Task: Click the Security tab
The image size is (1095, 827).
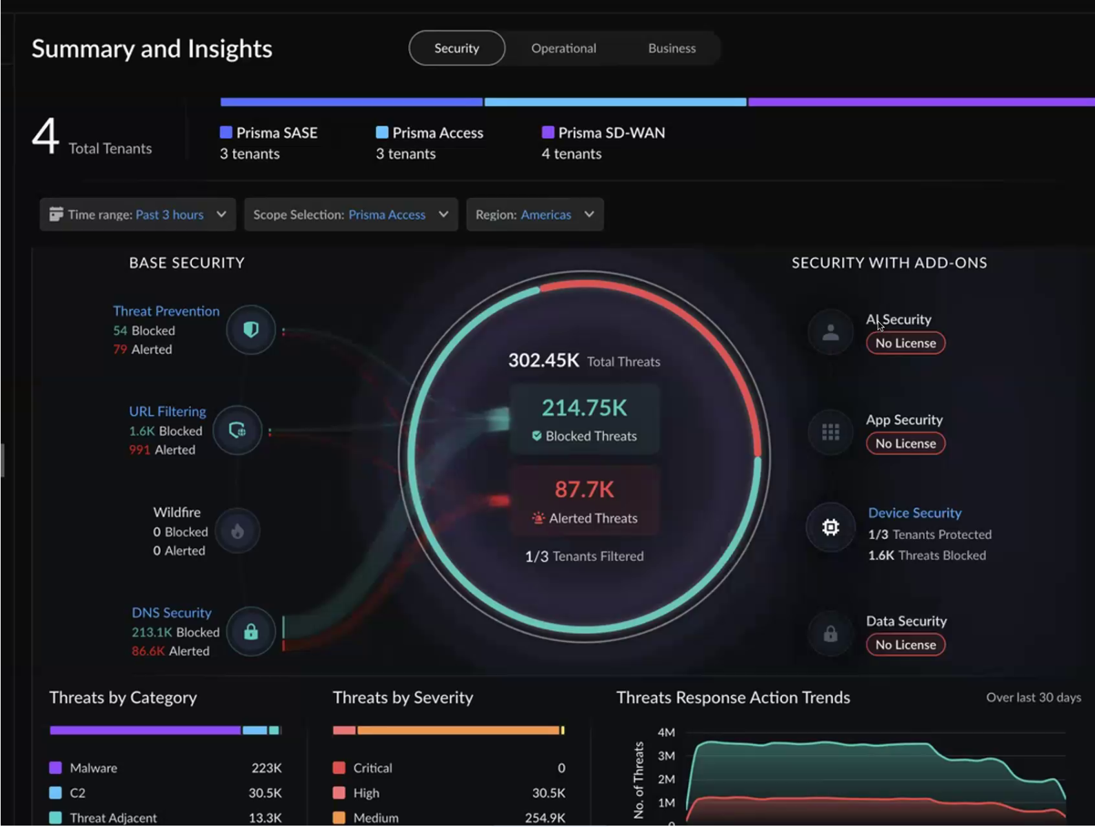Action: click(456, 48)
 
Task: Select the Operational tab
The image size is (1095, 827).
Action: click(563, 48)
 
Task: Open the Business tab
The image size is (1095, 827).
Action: click(672, 48)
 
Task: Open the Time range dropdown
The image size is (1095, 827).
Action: click(138, 214)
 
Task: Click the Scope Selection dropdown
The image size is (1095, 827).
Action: click(351, 214)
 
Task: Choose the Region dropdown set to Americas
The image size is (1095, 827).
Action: click(535, 214)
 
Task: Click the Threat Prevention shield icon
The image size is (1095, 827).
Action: click(251, 329)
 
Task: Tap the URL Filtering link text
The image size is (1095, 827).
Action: click(167, 411)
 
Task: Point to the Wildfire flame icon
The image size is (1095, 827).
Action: click(237, 531)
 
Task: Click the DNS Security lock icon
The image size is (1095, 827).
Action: click(251, 631)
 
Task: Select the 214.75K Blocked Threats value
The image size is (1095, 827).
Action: click(584, 408)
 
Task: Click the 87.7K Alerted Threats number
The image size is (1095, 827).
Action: click(584, 489)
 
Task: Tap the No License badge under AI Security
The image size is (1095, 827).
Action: click(905, 343)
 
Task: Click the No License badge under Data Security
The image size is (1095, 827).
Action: click(905, 644)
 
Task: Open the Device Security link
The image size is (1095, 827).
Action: click(915, 513)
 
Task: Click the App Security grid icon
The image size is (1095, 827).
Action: click(830, 431)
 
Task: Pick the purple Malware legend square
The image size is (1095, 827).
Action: click(55, 768)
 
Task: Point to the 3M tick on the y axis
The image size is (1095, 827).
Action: click(666, 756)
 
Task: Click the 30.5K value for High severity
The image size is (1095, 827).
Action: click(548, 793)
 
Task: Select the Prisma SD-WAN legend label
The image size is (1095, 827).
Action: click(612, 132)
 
